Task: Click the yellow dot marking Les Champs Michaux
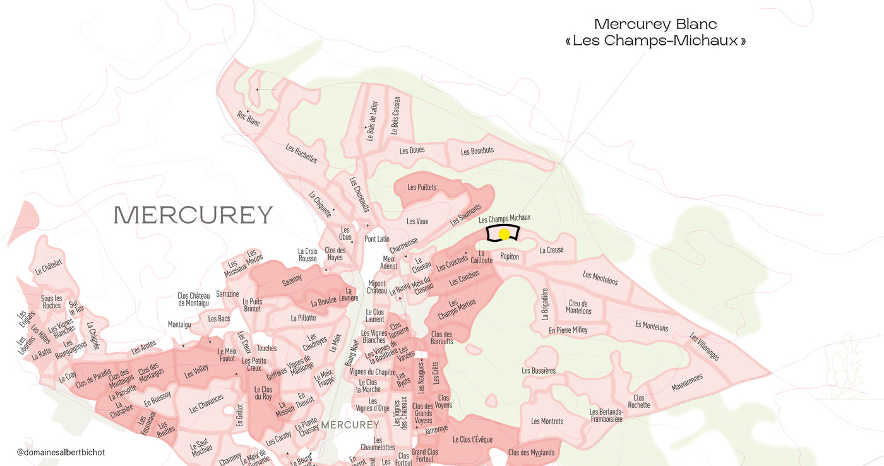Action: pos(504,234)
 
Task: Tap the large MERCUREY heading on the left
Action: pos(193,215)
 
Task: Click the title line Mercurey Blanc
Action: pos(655,25)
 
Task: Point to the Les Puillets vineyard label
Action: pos(422,188)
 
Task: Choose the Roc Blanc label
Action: pos(249,118)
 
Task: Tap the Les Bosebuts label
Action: pos(477,152)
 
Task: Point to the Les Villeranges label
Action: pos(704,347)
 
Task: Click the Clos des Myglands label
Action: pos(531,453)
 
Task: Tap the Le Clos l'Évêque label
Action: pos(472,439)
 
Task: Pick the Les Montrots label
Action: pos(547,421)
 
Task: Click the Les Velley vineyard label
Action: pos(196,373)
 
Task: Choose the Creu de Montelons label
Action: pos(578,307)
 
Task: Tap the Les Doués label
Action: pos(412,151)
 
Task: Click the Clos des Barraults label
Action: pos(442,337)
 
